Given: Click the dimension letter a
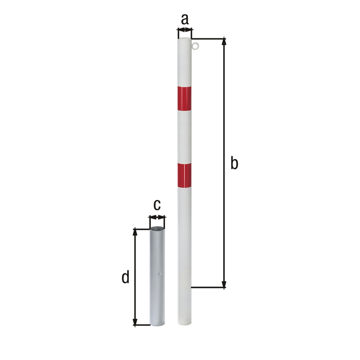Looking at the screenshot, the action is tap(185, 19).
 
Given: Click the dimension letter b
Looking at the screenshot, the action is tap(234, 163).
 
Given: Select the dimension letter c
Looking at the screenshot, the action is tap(157, 205).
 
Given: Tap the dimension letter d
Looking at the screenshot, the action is tap(125, 277).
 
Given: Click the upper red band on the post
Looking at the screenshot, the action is tap(184, 99).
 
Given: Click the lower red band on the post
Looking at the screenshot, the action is tap(184, 175).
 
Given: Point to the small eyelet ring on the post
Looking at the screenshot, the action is tap(195, 46).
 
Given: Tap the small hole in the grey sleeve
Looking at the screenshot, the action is tap(160, 274).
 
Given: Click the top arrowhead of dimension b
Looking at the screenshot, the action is tap(224, 41).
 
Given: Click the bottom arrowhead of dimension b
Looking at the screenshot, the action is tap(224, 284).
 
